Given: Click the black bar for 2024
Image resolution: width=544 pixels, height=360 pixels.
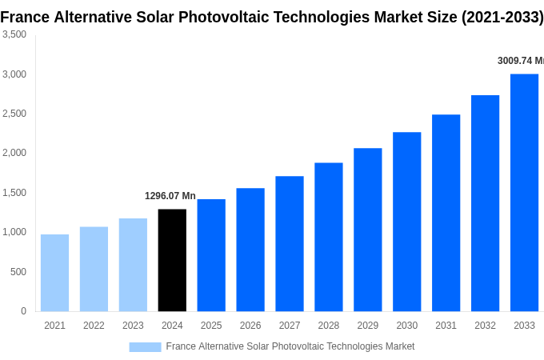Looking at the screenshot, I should (172, 260).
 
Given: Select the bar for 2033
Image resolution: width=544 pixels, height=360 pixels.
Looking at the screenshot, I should (524, 192).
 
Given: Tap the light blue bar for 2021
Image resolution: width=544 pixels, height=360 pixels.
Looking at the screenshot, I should (54, 273).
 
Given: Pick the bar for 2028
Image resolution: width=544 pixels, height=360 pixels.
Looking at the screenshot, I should (328, 237).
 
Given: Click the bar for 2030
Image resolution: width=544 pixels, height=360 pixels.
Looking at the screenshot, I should (406, 222).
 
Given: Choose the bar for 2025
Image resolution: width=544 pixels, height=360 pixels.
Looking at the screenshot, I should (211, 255).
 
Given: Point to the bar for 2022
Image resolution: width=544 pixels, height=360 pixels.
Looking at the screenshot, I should (94, 269).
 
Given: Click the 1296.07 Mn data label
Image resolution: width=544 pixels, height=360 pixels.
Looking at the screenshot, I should (170, 196).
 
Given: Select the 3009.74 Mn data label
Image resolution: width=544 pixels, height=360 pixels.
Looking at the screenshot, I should (520, 61).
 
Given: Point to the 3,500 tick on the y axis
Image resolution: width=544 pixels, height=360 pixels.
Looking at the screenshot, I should (14, 34).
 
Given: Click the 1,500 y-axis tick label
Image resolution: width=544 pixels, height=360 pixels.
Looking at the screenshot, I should (14, 193).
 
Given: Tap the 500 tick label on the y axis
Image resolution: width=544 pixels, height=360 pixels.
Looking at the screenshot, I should (18, 272).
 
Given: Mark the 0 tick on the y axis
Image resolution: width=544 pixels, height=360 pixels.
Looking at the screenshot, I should (23, 311).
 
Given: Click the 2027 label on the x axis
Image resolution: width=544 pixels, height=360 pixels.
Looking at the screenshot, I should (290, 326).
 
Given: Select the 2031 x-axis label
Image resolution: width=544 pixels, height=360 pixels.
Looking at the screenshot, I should (446, 326).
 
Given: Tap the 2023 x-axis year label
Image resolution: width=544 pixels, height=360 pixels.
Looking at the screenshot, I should (133, 326).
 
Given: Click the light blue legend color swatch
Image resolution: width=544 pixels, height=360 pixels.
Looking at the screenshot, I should (145, 346).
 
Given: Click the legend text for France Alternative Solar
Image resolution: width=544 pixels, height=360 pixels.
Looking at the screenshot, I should (290, 346).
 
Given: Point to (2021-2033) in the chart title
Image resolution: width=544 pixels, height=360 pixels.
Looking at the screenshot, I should (502, 17).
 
